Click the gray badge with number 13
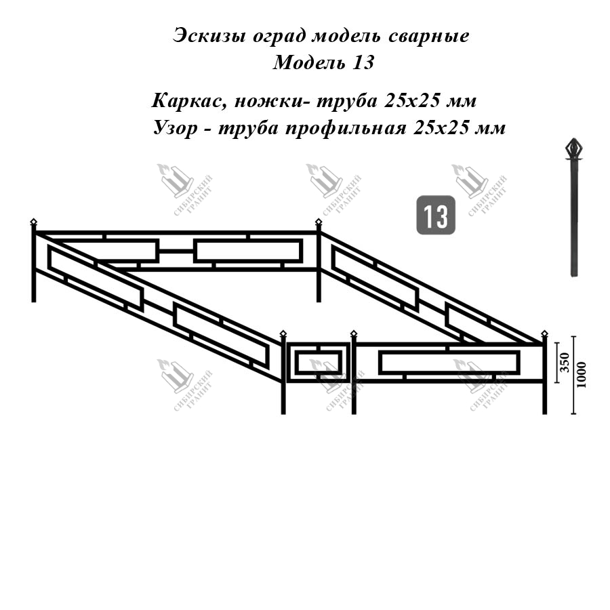pos(436,215)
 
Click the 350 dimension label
pos(565,363)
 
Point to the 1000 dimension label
pos(582,375)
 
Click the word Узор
pos(176,128)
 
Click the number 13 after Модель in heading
pos(363,62)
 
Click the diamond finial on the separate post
pos(574,148)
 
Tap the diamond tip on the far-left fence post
pos(33,222)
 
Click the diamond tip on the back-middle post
pos(319,222)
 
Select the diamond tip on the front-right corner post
pos(545,333)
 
